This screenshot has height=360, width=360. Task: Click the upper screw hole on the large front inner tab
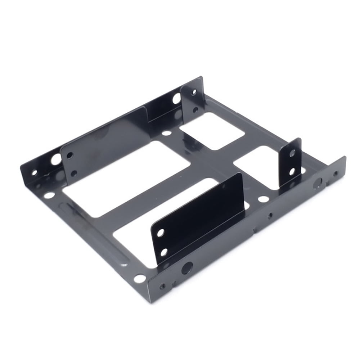[x=161, y=233]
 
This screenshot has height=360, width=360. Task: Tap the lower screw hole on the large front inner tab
[x=164, y=252]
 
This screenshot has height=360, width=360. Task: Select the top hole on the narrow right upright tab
[x=292, y=153]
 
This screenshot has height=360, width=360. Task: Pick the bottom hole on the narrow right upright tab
[x=292, y=172]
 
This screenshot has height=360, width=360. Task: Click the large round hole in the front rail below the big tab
[x=187, y=268]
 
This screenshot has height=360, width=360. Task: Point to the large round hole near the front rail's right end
[x=318, y=183]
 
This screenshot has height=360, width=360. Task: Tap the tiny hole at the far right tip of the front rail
[x=336, y=174]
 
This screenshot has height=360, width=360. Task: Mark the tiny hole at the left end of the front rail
[x=163, y=286]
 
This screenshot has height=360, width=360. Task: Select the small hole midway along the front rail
[x=270, y=216]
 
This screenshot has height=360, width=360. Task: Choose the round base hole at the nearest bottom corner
[x=140, y=278]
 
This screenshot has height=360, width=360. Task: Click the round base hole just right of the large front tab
[x=263, y=199]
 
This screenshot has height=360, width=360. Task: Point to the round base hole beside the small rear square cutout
[x=167, y=133]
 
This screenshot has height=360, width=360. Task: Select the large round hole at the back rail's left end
[x=56, y=159]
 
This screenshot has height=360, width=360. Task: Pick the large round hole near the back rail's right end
[x=176, y=98]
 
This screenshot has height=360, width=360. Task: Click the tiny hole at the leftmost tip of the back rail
[x=35, y=172]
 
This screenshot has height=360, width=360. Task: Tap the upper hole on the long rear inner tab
[x=70, y=156]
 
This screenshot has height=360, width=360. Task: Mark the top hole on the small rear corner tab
[x=194, y=92]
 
